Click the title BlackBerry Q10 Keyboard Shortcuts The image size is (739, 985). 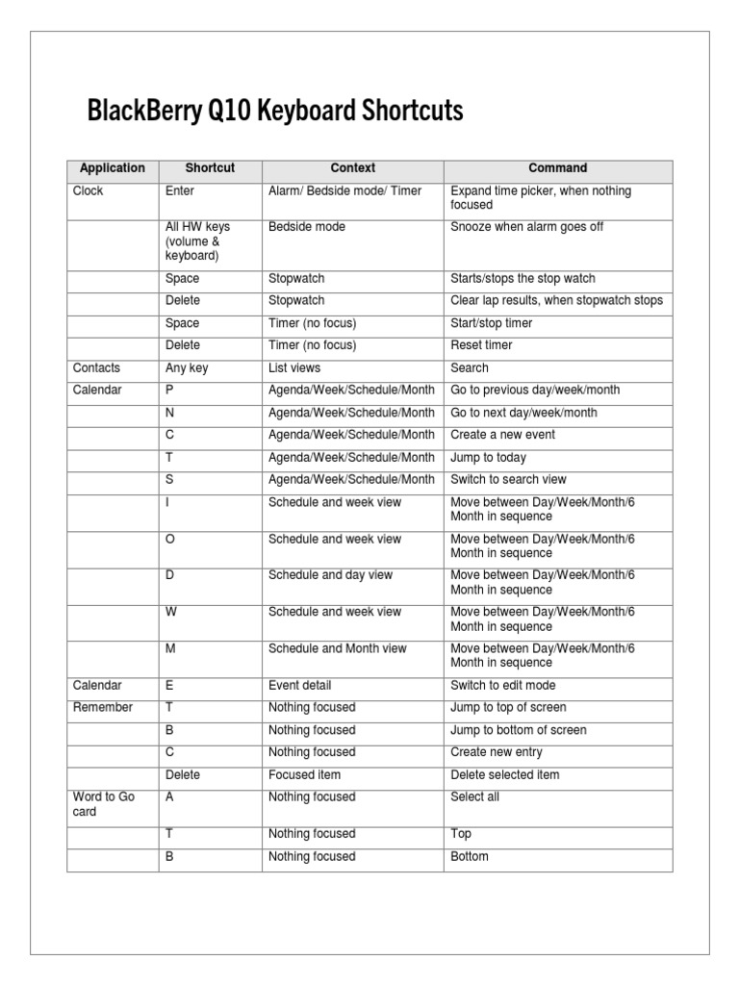pyautogui.click(x=275, y=112)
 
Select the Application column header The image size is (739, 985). pyautogui.click(x=113, y=168)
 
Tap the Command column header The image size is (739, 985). pyautogui.click(x=557, y=168)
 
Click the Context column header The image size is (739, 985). pyautogui.click(x=352, y=168)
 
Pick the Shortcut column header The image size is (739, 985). pyautogui.click(x=210, y=168)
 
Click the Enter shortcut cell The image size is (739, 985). pyautogui.click(x=180, y=191)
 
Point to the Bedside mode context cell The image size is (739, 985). pyautogui.click(x=307, y=227)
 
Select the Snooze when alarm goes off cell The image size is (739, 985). pyautogui.click(x=526, y=227)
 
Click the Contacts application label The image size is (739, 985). pyautogui.click(x=96, y=367)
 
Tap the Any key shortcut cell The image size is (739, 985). pyautogui.click(x=187, y=367)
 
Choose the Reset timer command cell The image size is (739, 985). pyautogui.click(x=481, y=345)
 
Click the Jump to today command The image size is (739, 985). pyautogui.click(x=488, y=458)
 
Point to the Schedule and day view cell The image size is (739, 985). pyautogui.click(x=330, y=575)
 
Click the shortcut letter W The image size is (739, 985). pyautogui.click(x=170, y=612)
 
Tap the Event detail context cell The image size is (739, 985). pyautogui.click(x=299, y=686)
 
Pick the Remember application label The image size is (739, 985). pyautogui.click(x=103, y=708)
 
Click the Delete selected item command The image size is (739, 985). pyautogui.click(x=504, y=775)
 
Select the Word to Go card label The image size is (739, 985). pyautogui.click(x=104, y=804)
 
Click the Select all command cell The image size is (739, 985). pyautogui.click(x=474, y=797)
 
